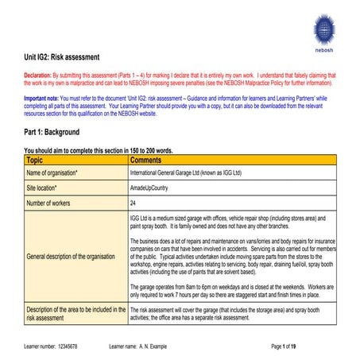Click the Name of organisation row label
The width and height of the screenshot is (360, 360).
click(x=52, y=172)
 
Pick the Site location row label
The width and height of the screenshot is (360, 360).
click(x=45, y=188)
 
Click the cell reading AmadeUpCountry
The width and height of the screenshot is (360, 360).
click(x=152, y=188)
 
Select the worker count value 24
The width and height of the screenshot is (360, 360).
click(x=133, y=203)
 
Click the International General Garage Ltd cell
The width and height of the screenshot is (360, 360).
click(x=186, y=172)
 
